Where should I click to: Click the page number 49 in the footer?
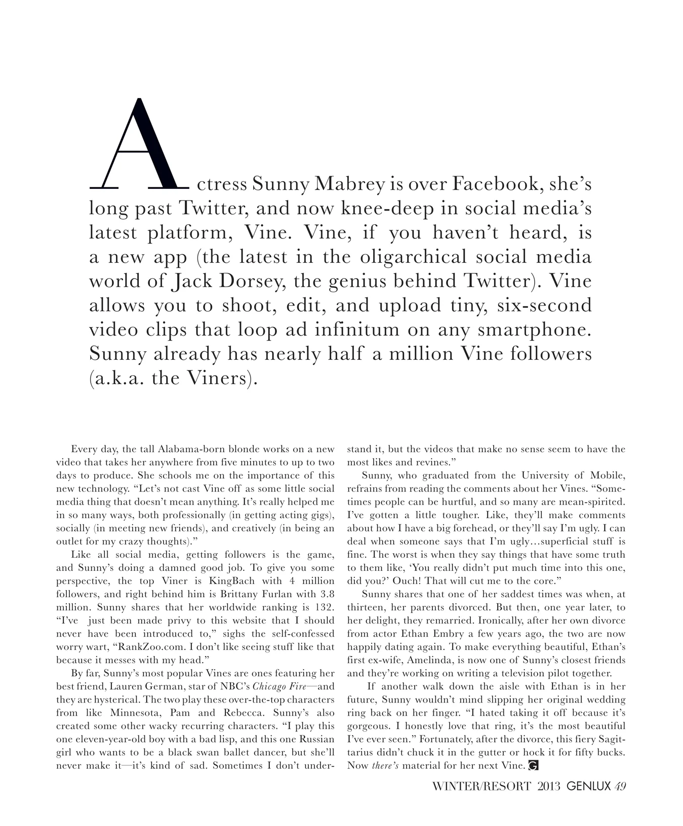621,787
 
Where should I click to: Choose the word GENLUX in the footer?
588,787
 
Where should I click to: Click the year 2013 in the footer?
549,787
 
